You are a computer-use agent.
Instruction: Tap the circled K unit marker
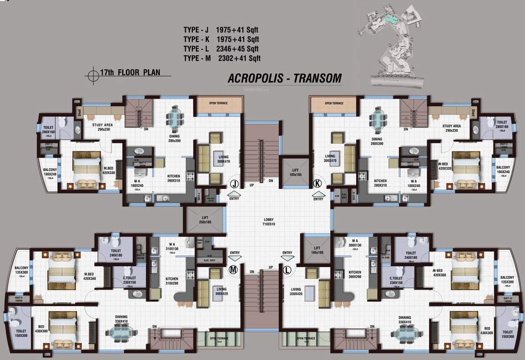318,183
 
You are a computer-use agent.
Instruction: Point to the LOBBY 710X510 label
268,223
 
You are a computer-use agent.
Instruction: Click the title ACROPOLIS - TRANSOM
285,78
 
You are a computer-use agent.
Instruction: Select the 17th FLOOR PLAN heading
128,72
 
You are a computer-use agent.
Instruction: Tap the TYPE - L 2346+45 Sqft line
221,49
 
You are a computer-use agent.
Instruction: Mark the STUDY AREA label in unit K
451,128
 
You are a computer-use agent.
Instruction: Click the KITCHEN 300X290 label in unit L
354,275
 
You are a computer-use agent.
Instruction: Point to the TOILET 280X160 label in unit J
48,129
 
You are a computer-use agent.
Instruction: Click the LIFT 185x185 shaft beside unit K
295,172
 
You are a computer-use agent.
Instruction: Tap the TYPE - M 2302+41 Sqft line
222,59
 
